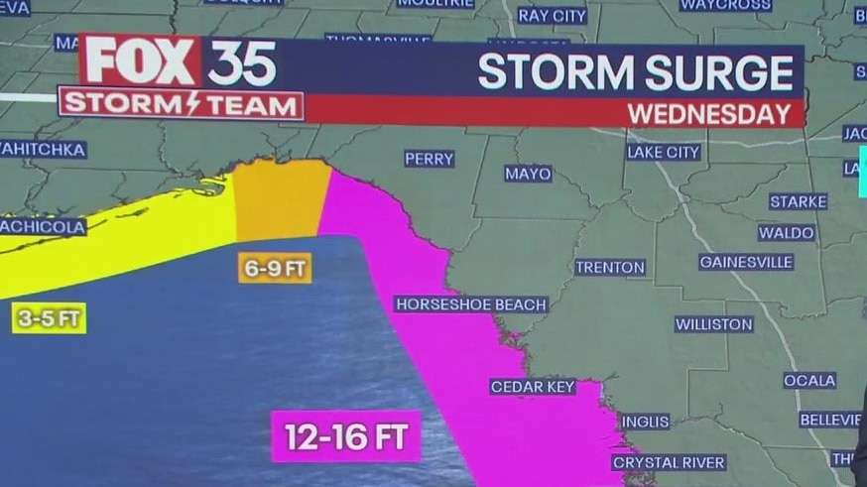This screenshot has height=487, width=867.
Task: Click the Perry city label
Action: [x=429, y=159]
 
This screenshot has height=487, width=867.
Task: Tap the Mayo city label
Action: [x=528, y=174]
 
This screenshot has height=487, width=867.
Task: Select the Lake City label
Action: [x=664, y=152]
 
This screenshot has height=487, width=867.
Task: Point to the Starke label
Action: [x=798, y=201]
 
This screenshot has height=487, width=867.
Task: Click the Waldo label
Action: [x=787, y=232]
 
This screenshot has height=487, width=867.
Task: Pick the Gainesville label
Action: [x=746, y=262]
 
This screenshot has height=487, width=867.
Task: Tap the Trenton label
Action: [x=610, y=267]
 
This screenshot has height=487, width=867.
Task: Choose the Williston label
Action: [x=714, y=324]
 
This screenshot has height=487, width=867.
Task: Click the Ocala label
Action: [x=809, y=380]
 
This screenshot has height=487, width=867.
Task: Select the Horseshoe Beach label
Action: [x=471, y=304]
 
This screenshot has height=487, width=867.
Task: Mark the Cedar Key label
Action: [x=533, y=386]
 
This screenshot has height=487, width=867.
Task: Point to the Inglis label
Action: [x=644, y=422]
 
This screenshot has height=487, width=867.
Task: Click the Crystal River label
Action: [x=669, y=462]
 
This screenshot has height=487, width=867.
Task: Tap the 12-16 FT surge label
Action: [x=346, y=436]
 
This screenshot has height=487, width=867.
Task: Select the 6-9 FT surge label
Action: [x=275, y=268]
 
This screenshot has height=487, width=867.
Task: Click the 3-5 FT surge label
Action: [x=49, y=317]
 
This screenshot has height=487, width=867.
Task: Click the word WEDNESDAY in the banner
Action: [x=708, y=113]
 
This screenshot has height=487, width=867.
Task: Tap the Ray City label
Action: [x=553, y=16]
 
